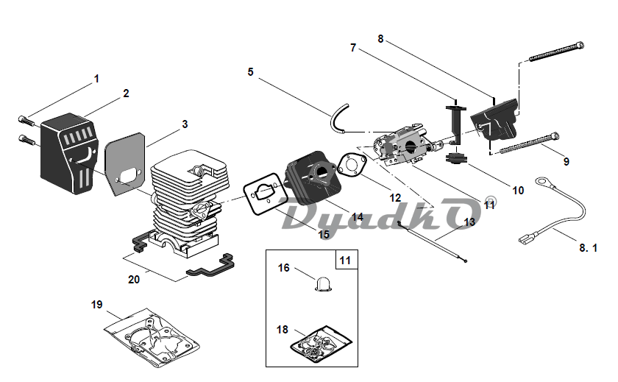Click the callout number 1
point(96,79)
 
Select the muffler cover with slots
point(68,153)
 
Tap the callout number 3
point(185,124)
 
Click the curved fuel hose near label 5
point(338,118)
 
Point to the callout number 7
point(353,48)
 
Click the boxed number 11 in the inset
point(345,261)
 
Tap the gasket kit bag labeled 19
point(152,337)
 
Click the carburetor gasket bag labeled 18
point(322,344)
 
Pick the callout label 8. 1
point(588,248)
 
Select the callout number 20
point(134,280)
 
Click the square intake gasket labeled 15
point(263,194)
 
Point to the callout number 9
point(566,162)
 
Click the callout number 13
point(469,222)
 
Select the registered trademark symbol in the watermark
point(490,202)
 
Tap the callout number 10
point(518,191)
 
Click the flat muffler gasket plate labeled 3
point(125,163)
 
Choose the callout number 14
point(358,217)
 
